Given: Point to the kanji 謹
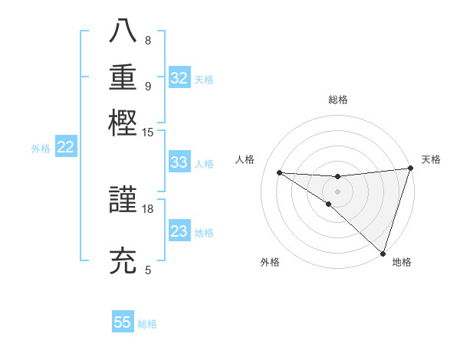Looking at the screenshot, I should [124, 201].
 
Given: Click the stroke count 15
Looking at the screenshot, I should [148, 132].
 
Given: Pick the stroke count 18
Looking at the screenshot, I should [148, 208].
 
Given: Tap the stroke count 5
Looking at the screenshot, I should [148, 270].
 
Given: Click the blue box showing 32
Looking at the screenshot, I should [179, 78].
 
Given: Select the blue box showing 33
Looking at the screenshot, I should [179, 162].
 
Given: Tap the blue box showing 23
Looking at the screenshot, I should [179, 231].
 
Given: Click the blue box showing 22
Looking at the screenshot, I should [65, 148].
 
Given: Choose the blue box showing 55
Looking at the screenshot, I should [123, 322].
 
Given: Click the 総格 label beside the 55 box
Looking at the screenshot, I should [148, 324].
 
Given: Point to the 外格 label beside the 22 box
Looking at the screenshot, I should [41, 149].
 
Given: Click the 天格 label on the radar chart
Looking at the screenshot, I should [431, 159].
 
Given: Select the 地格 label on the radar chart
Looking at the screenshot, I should [402, 262].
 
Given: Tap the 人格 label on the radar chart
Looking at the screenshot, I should [245, 159].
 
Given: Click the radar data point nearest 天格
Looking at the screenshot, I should [410, 169].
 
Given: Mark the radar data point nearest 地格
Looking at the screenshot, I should [383, 254].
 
